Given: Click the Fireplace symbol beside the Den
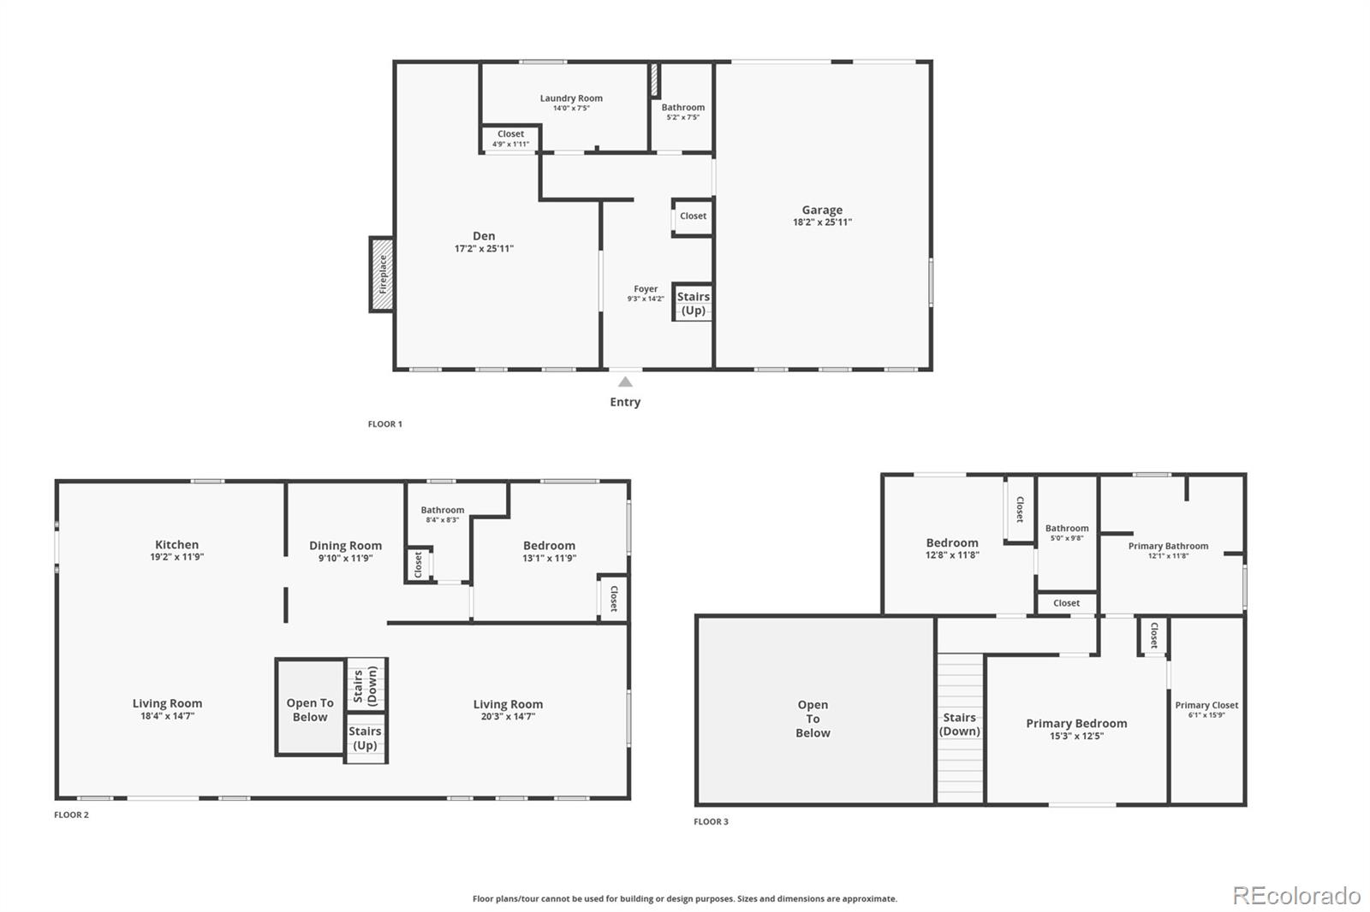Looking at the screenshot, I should (x=382, y=275).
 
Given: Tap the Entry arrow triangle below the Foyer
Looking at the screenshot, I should (x=625, y=382).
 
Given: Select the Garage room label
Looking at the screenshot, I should (x=822, y=210).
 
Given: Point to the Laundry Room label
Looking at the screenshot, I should (x=571, y=98).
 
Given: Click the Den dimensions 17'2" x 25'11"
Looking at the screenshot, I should (x=484, y=249).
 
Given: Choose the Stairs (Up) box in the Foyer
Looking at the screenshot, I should (x=693, y=303).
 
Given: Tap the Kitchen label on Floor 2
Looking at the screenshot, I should (x=176, y=545).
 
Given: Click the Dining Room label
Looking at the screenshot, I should (x=345, y=546).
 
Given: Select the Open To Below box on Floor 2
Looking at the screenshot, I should (x=310, y=709).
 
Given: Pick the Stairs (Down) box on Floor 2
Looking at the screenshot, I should (x=366, y=684).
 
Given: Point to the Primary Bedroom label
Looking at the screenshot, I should (x=1076, y=724).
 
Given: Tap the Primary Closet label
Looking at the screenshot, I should (x=1206, y=706).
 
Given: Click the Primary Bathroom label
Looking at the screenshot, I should (x=1168, y=546).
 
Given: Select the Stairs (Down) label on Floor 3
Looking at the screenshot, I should (x=960, y=724).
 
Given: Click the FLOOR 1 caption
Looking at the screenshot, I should (x=384, y=424).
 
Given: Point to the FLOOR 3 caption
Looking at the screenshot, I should (x=711, y=822).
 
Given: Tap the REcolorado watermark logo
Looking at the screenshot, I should (x=1296, y=896).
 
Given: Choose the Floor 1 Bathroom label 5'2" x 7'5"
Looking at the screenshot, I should (x=682, y=108).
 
